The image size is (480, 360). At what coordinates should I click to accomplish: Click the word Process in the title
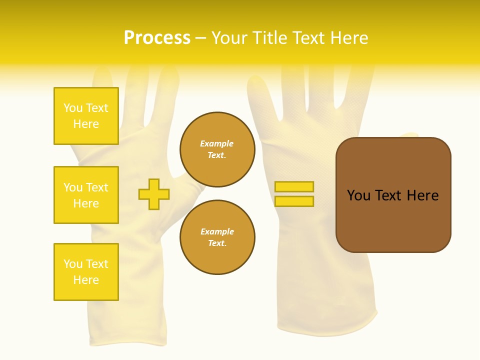tap(157, 38)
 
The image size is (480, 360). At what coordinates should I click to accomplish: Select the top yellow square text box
tap(86, 116)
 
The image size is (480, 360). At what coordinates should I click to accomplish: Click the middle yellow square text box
tap(86, 195)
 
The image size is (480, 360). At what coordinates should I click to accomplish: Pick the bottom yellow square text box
tap(86, 272)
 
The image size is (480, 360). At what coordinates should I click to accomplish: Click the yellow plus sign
tap(154, 194)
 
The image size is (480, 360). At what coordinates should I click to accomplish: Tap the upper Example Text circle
tap(217, 149)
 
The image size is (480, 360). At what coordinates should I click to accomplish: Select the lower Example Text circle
tap(217, 237)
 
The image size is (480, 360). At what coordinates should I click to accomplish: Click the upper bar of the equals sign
tap(294, 187)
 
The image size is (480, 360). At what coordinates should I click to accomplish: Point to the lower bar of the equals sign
tap(294, 201)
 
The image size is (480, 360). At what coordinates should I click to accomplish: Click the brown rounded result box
tap(393, 194)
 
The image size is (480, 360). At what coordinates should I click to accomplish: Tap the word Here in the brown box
tap(422, 195)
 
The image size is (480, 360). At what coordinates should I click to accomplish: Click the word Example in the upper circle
tap(217, 143)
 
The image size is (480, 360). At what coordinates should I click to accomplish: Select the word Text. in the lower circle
tap(217, 243)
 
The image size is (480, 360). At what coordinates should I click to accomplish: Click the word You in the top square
tap(73, 108)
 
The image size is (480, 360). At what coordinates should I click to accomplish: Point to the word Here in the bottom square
tap(86, 280)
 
